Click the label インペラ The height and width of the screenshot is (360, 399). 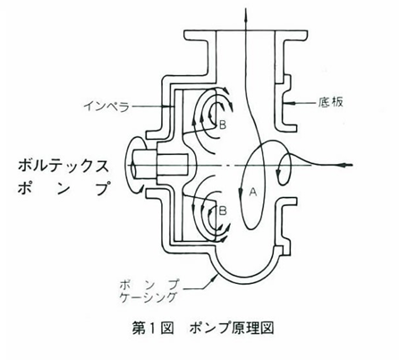pos(106,106)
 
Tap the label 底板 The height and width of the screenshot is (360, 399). pos(330,102)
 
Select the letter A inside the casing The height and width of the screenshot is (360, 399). pos(253,192)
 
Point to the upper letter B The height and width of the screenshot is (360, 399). pos(223,125)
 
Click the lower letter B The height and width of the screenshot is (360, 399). pos(223,210)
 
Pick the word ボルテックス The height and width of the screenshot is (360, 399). pos(64,166)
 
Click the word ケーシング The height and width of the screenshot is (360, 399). pos(148,297)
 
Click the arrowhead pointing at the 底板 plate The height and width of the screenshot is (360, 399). pos(288,103)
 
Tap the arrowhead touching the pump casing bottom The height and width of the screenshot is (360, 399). pos(213,279)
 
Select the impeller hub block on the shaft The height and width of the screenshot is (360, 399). pos(173,165)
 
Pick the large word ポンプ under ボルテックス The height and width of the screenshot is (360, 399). pos(64,188)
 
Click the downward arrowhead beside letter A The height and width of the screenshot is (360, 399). pos(241,191)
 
